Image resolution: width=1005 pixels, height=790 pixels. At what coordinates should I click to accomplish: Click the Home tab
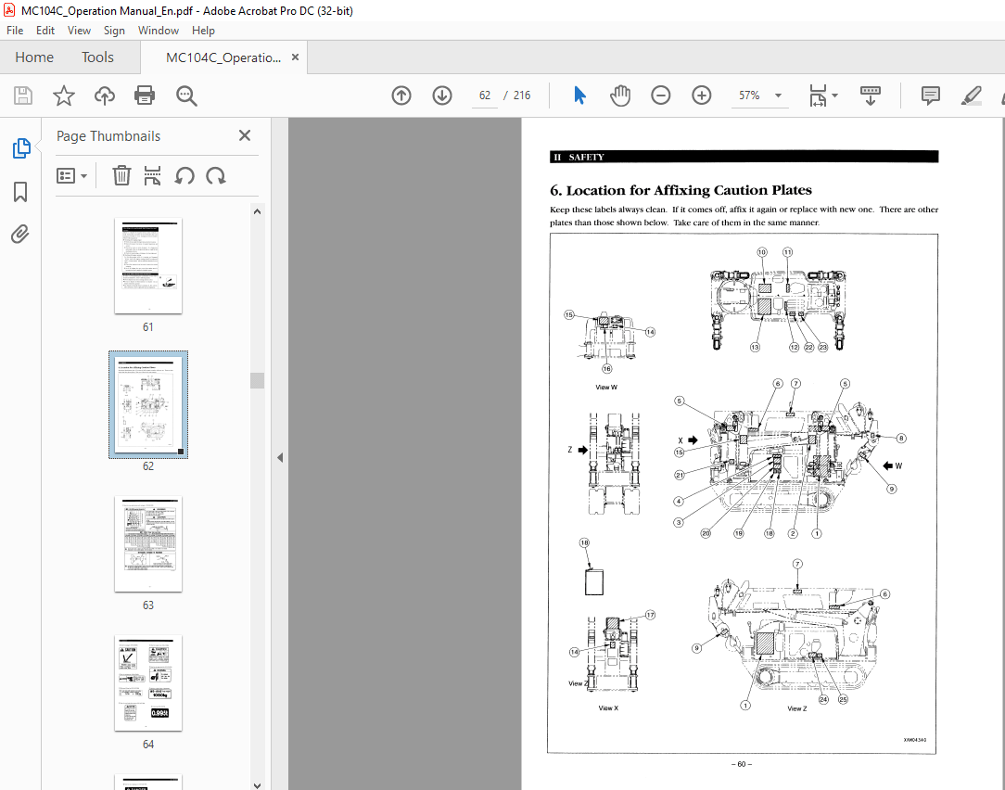(x=34, y=57)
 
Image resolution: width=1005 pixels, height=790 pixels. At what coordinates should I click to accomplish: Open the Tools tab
(x=97, y=57)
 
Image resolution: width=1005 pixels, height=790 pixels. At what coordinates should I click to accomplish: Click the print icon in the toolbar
(x=145, y=96)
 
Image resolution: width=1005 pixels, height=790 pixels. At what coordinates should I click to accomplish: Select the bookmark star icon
(x=63, y=96)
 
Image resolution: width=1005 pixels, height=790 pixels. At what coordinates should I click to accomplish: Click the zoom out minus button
(x=660, y=96)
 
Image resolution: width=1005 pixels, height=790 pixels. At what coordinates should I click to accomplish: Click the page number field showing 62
(x=484, y=96)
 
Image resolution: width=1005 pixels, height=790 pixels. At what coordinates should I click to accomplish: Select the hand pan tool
(x=619, y=96)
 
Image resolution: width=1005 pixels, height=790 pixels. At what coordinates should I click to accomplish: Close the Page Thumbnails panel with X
(x=245, y=135)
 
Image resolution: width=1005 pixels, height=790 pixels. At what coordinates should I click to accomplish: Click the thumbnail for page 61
(x=148, y=266)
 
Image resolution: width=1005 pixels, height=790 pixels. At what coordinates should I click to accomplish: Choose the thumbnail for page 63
(x=148, y=544)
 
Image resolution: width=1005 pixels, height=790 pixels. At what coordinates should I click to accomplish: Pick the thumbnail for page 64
(x=148, y=683)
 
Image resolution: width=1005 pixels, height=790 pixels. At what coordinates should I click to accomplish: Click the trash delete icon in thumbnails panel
(x=121, y=175)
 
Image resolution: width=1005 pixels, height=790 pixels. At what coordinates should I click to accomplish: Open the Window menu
(x=159, y=31)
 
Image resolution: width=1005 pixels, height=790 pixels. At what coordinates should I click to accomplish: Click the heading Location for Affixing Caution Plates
(x=681, y=190)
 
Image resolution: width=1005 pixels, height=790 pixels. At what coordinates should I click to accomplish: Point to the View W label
(x=606, y=387)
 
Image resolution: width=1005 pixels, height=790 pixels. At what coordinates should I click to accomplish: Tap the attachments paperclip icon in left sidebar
(x=20, y=235)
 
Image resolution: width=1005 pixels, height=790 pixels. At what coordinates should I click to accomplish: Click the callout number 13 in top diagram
(x=756, y=347)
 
